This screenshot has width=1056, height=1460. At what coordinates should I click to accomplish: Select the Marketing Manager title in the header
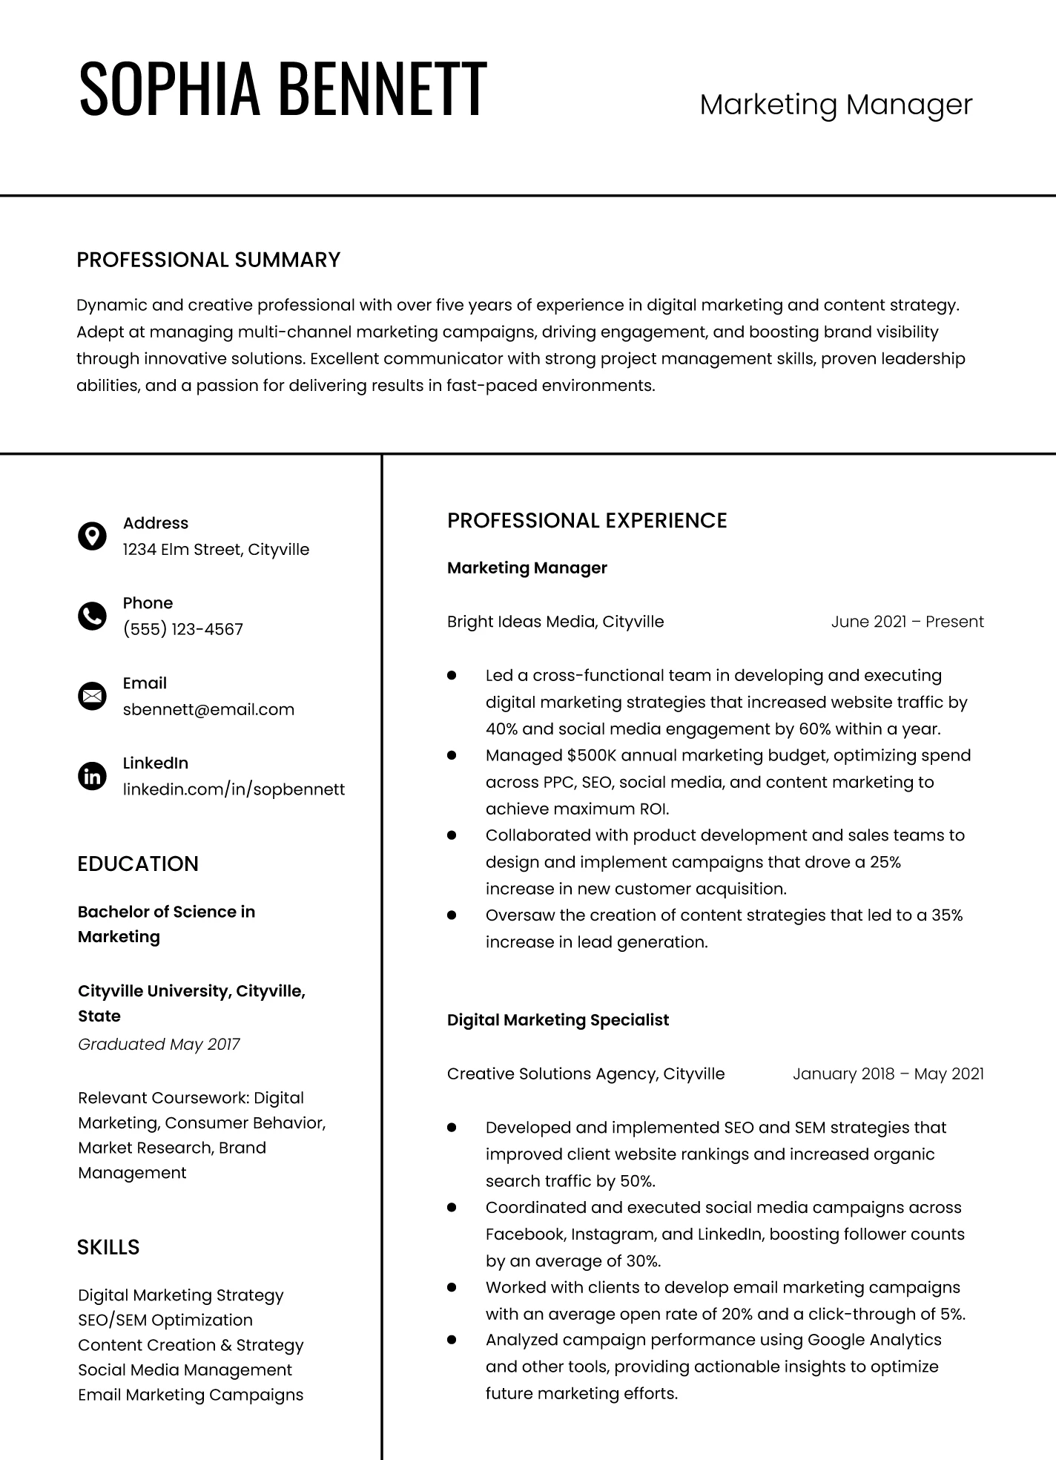(x=836, y=105)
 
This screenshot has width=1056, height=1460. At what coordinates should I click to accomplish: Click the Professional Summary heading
(x=208, y=260)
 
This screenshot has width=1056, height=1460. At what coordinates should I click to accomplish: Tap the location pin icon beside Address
(x=92, y=536)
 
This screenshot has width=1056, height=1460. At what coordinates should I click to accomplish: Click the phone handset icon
(x=92, y=616)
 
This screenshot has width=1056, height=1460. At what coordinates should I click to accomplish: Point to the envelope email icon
(x=92, y=696)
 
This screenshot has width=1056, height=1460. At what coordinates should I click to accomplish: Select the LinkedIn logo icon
(x=92, y=776)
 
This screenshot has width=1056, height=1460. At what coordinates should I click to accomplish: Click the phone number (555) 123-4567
(x=183, y=629)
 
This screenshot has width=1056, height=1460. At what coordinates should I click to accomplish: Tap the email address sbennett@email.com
(x=208, y=709)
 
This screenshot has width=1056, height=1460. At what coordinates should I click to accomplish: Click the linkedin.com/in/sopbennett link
(x=234, y=789)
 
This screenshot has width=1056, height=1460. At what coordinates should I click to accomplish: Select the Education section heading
(x=138, y=864)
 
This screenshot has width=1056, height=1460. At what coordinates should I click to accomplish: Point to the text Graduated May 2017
(x=159, y=1045)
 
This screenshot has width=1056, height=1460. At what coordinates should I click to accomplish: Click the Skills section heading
(x=108, y=1247)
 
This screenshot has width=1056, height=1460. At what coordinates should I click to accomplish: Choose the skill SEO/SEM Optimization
(x=165, y=1320)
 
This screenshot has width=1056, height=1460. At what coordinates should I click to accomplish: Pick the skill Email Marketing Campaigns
(x=191, y=1395)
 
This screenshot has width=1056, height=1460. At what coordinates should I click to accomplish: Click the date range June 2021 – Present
(x=907, y=622)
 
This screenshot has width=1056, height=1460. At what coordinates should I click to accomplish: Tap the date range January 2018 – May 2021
(x=888, y=1073)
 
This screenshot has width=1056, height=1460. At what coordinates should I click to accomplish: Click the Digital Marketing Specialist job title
(x=558, y=1020)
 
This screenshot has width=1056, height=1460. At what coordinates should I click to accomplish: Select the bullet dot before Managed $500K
(x=452, y=755)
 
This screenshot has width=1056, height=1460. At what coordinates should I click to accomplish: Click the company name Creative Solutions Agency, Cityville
(x=586, y=1073)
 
